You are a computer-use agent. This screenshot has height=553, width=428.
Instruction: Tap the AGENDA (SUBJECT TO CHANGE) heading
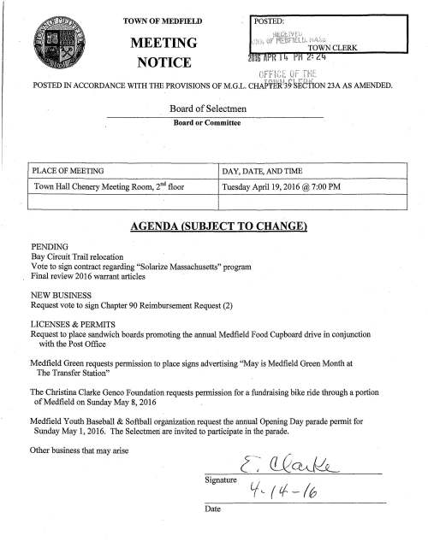(214, 227)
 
